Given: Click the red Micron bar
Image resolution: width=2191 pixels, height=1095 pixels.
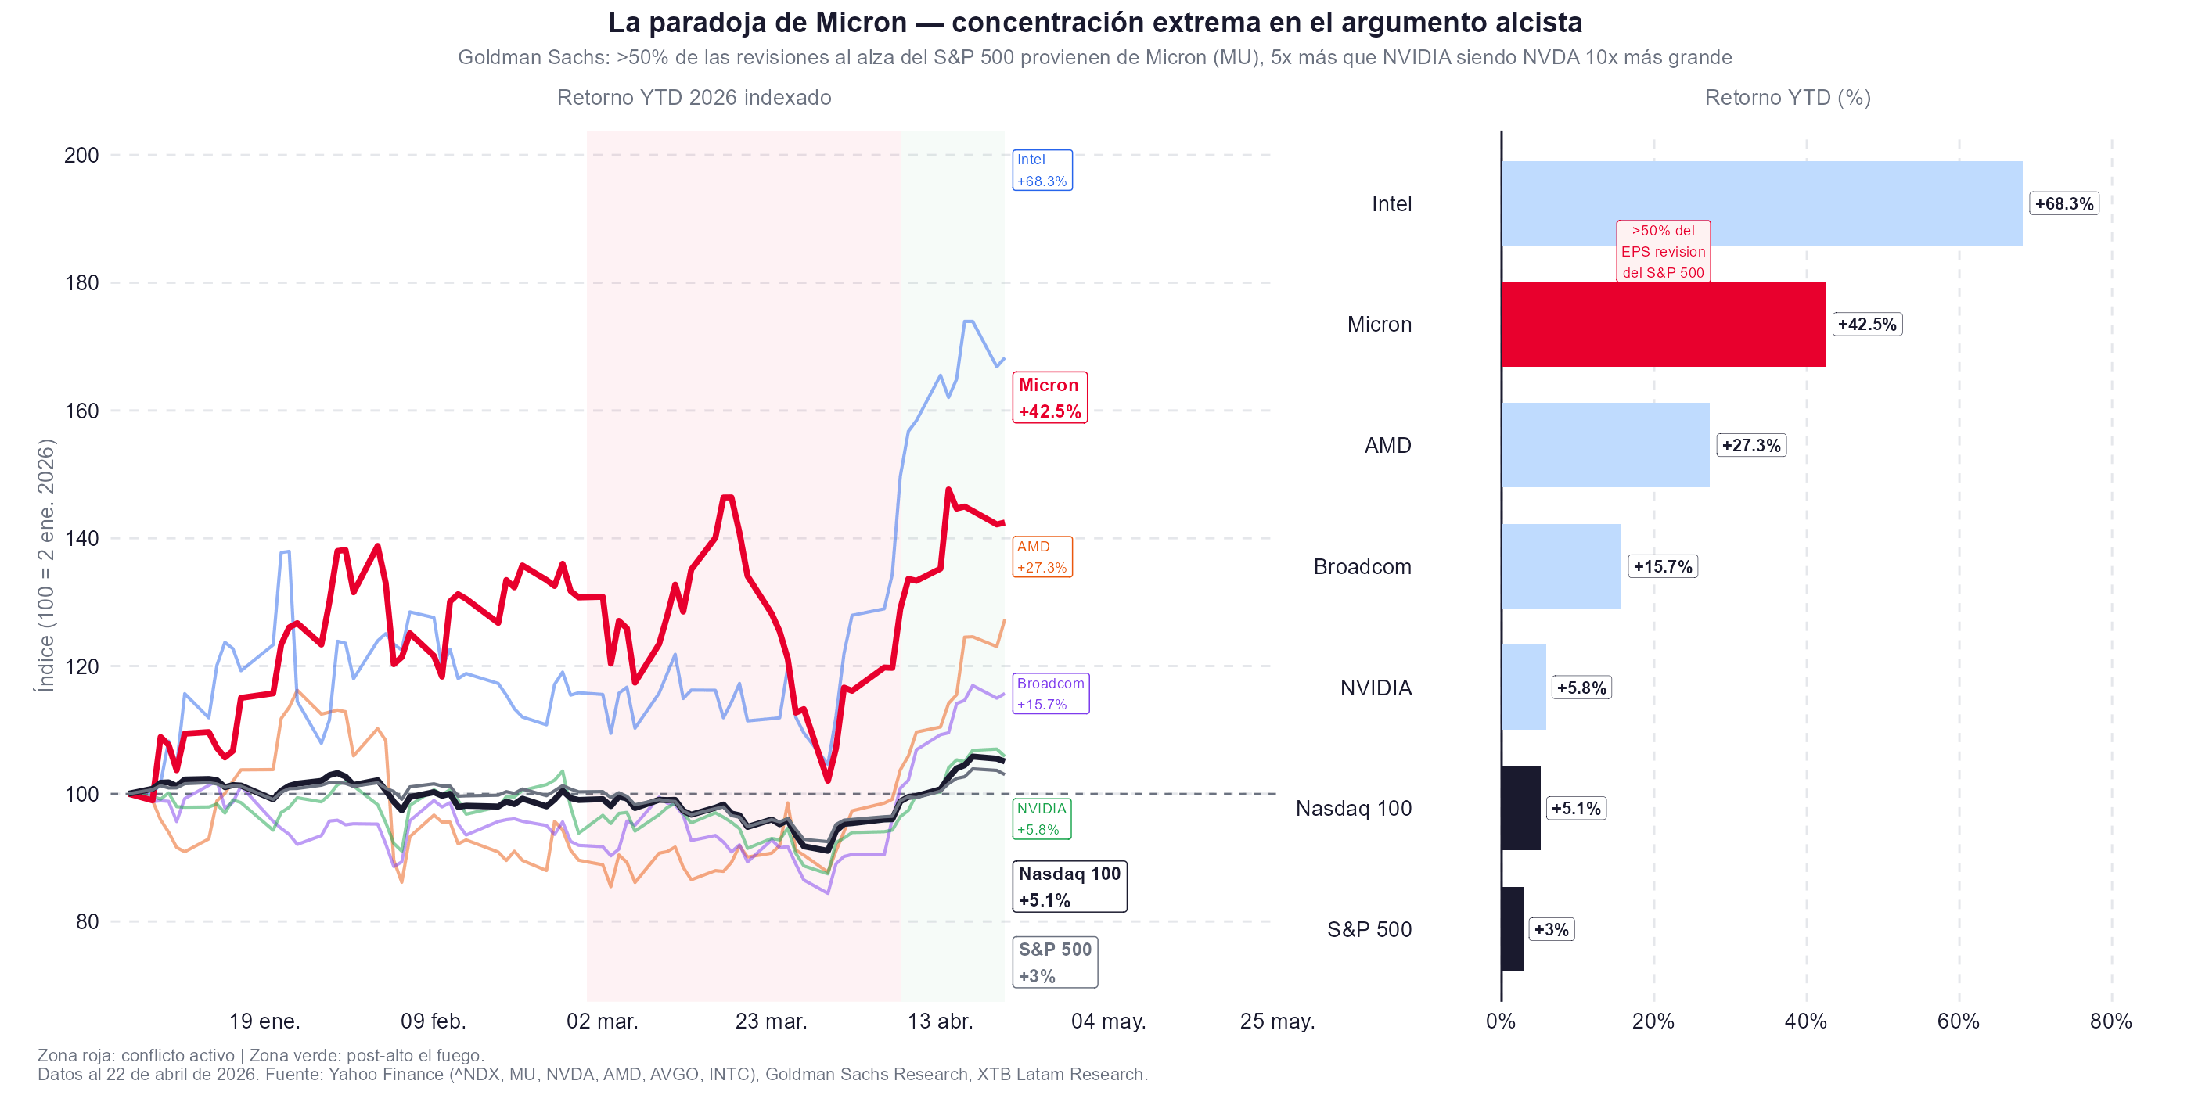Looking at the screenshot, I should [1663, 324].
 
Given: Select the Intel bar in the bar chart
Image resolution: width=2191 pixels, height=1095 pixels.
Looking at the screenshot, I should [1761, 203].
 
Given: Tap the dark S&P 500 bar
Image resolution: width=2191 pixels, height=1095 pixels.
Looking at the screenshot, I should [1513, 928].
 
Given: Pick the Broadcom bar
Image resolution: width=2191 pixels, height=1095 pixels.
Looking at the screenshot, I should [1561, 566].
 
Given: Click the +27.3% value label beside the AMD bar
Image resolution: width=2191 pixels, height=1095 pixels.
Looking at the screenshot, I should [1751, 446].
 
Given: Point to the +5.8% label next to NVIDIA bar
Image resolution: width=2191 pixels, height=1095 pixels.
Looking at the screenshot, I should [1581, 688].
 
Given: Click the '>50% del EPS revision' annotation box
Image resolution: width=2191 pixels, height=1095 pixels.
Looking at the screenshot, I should [1663, 252].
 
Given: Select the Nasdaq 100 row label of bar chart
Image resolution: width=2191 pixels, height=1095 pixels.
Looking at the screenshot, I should [1353, 809].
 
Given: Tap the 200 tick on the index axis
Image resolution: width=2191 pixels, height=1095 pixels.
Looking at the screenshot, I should [81, 156].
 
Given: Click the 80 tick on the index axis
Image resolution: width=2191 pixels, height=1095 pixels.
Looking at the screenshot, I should [87, 921].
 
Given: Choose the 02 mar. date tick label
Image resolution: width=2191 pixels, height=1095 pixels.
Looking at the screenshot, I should [603, 1021].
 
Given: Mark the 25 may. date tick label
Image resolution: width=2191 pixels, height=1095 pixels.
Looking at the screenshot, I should [1277, 1021].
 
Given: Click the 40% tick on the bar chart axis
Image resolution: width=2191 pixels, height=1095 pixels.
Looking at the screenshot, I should [1806, 1021].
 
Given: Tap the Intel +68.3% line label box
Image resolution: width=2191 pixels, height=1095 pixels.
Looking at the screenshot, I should [1042, 170].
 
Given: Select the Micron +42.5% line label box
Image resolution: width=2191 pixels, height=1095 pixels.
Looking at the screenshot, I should [1049, 398].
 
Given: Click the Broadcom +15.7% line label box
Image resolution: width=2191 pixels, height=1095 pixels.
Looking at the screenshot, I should [1050, 694].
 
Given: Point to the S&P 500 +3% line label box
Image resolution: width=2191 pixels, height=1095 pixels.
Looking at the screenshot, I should [1055, 962].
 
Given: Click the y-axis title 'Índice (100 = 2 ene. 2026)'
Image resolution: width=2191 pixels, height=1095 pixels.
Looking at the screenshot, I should [45, 565].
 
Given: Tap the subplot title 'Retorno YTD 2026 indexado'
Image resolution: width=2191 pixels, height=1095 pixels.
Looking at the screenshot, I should [694, 98].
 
